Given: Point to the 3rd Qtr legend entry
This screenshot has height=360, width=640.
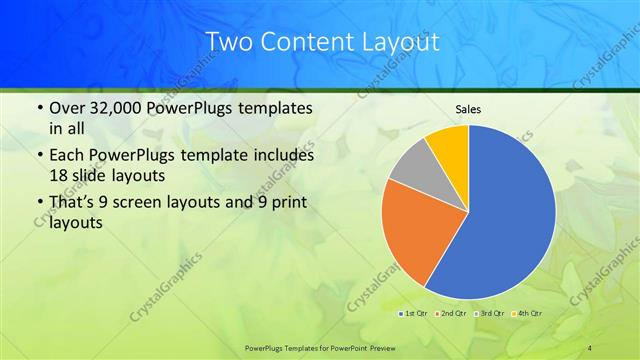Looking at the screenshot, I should (x=490, y=314).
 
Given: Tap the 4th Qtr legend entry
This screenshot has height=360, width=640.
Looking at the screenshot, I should (x=527, y=314).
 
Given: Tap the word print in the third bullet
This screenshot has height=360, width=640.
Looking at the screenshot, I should (x=294, y=205).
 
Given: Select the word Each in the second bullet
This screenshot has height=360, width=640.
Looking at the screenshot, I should (x=67, y=156).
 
